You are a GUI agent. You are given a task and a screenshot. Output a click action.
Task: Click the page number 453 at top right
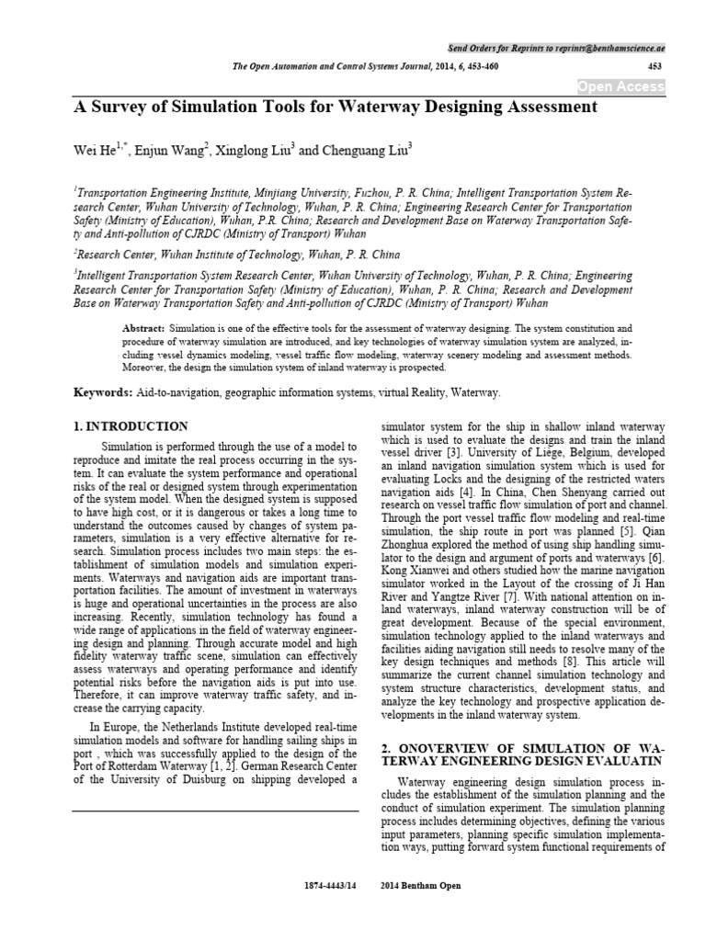pyautogui.click(x=655, y=66)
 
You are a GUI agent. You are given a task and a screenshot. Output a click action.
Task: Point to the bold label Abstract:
pyautogui.click(x=143, y=328)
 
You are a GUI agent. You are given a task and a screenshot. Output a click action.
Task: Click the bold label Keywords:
pyautogui.click(x=103, y=393)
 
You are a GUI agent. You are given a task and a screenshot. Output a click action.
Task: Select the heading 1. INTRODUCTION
pyautogui.click(x=131, y=426)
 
